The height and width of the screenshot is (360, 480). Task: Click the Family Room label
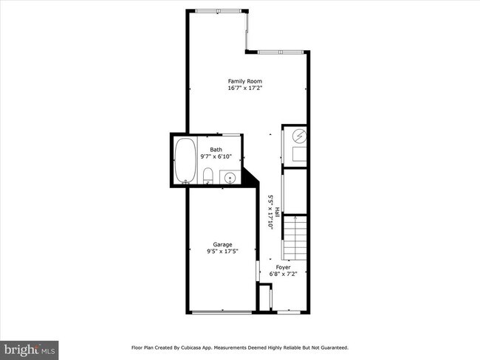coord(244,81)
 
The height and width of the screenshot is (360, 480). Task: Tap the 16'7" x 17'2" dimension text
coord(244,88)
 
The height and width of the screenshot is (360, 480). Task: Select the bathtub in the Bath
coord(185,160)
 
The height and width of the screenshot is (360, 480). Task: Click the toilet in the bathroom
coord(208,176)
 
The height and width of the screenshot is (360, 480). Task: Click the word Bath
coord(216,150)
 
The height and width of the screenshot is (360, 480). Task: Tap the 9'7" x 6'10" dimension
coord(216,156)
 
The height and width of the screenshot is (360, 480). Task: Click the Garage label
coord(222,244)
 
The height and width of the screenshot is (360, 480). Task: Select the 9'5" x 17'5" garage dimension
coord(222,251)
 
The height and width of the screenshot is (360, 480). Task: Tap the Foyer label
coord(284,267)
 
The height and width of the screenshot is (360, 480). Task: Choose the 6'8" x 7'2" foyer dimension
coord(284,274)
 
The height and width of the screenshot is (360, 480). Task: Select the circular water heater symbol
coord(299,136)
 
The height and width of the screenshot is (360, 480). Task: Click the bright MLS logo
coord(30,347)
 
